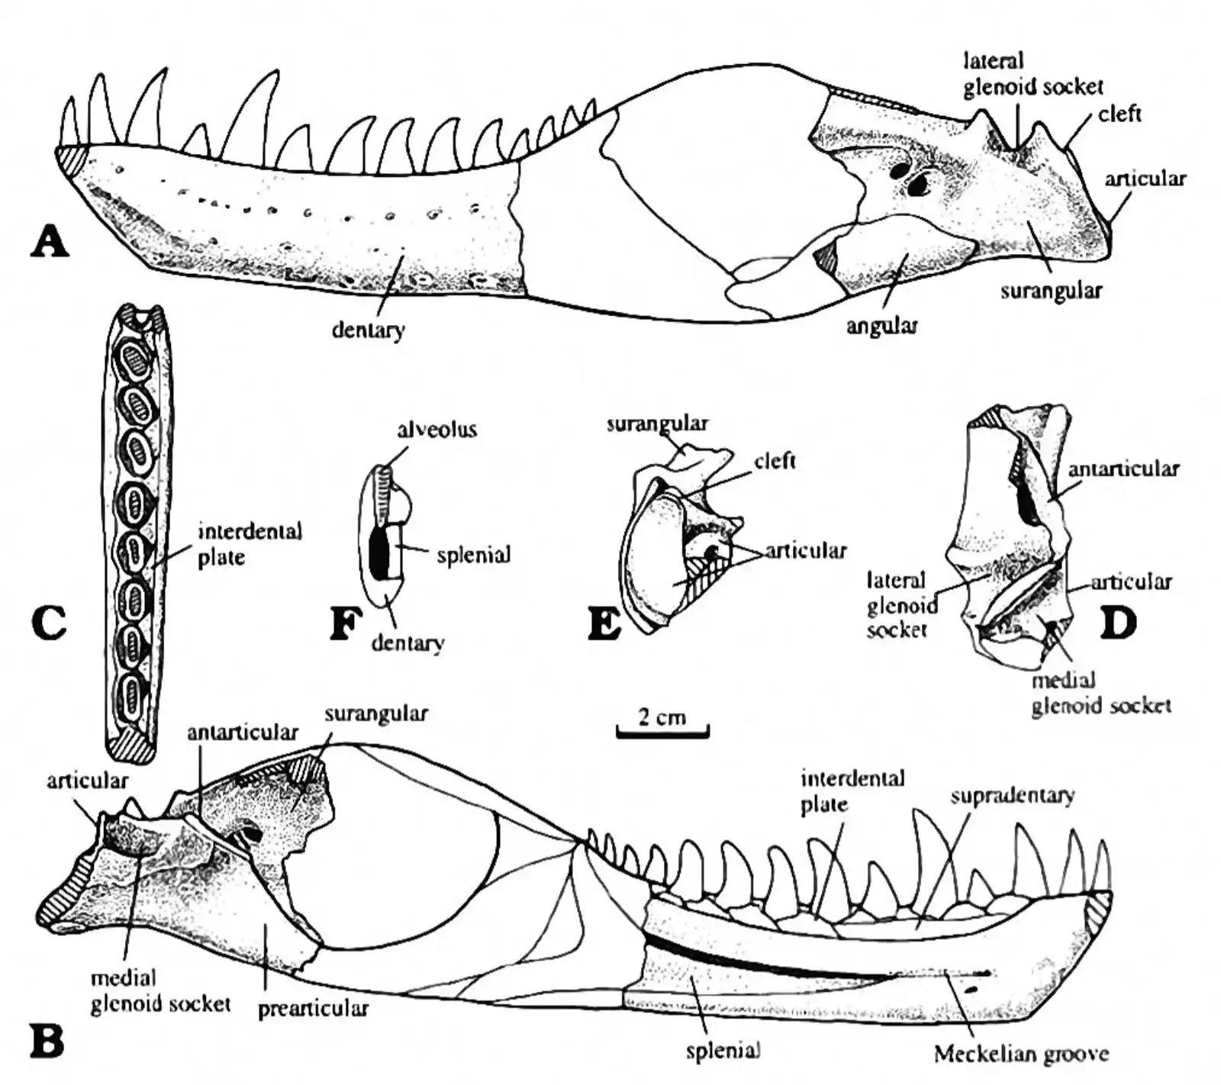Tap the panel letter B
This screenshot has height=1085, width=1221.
pyautogui.click(x=47, y=1042)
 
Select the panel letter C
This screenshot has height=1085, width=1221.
pyautogui.click(x=49, y=623)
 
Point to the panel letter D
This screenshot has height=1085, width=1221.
pyautogui.click(x=1118, y=623)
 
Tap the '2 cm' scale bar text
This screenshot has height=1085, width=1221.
pyautogui.click(x=662, y=716)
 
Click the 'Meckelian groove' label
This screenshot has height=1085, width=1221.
pyautogui.click(x=1021, y=1054)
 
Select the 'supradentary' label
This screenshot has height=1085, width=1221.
pyautogui.click(x=1013, y=796)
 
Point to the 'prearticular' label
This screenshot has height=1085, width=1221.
pyautogui.click(x=313, y=1009)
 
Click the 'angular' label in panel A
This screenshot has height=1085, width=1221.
pyautogui.click(x=881, y=327)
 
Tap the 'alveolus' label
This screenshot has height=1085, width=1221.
pyautogui.click(x=437, y=430)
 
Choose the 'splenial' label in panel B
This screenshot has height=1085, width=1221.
pyautogui.click(x=723, y=1051)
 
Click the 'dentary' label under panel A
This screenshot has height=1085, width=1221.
pyautogui.click(x=368, y=330)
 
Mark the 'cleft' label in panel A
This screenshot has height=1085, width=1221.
pyautogui.click(x=1120, y=114)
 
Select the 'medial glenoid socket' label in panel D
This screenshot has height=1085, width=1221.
pyautogui.click(x=1101, y=693)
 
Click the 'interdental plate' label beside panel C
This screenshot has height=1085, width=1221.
pyautogui.click(x=250, y=544)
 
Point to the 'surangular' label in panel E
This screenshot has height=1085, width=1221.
pyautogui.click(x=657, y=423)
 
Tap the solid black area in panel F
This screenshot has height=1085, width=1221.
pyautogui.click(x=379, y=551)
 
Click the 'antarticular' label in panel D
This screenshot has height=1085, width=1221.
pyautogui.click(x=1123, y=468)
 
